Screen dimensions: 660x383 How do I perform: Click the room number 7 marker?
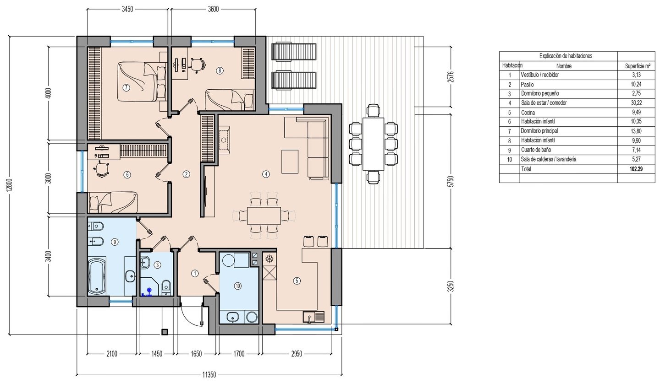[126, 88]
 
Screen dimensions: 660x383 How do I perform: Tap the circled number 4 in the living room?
[266, 174]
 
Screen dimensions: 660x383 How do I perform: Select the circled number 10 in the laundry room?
[237, 286]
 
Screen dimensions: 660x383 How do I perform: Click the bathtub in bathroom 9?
[97, 275]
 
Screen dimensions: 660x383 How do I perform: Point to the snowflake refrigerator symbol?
[269, 259]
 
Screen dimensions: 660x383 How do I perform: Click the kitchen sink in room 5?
[313, 318]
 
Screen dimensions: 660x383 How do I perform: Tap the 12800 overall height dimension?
[10, 186]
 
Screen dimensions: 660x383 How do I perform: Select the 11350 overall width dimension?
[209, 375]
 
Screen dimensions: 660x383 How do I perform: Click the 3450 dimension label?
[127, 9]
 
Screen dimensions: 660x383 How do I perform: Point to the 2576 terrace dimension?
[450, 77]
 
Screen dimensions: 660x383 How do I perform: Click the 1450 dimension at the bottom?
[157, 354]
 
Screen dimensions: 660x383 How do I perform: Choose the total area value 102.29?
[637, 169]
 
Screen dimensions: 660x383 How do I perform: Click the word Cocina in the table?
[528, 113]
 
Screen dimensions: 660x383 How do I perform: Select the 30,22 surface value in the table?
[637, 103]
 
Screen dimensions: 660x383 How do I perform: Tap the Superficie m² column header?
[638, 66]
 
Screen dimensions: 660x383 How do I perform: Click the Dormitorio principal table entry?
[539, 131]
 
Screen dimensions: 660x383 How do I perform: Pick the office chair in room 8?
[197, 65]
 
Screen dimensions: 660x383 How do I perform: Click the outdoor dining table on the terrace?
[373, 144]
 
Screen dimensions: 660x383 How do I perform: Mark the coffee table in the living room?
[290, 162]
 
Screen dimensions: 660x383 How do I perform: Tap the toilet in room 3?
[166, 287]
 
